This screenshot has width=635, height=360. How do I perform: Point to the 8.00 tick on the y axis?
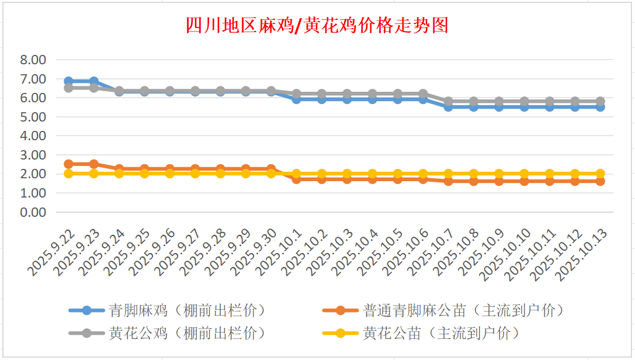[33, 60]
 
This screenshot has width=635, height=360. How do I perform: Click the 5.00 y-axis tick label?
[33, 117]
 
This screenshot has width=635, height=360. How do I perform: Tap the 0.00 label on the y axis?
[33, 212]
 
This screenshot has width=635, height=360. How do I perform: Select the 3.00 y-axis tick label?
[33, 155]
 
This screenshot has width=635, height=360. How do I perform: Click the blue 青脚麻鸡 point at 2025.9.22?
[69, 81]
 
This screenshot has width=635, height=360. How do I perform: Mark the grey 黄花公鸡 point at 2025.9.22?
[69, 88]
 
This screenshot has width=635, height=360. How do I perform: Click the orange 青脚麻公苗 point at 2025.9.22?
[69, 164]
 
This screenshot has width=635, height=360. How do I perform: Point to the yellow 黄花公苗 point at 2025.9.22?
[69, 174]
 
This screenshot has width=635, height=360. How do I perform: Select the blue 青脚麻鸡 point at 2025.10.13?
[600, 107]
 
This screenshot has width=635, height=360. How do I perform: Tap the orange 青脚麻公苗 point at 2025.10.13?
[600, 181]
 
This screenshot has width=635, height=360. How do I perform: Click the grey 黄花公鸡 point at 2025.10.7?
[448, 101]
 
